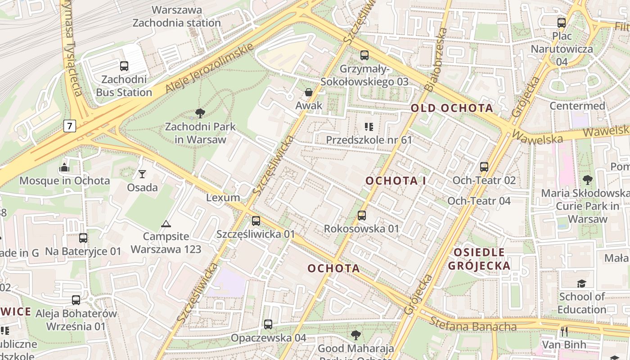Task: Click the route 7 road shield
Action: coord(69,126)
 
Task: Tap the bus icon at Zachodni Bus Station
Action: coord(124,66)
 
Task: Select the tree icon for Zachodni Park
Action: coord(200,113)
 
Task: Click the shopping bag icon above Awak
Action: coord(309,92)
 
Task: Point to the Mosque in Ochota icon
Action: coord(64,167)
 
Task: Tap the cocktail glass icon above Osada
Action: coord(142,174)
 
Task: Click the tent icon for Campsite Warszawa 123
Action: coord(166,224)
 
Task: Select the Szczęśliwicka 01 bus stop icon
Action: coord(256,220)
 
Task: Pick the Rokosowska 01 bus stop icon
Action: coord(362,215)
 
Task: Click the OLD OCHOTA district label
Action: coord(452,108)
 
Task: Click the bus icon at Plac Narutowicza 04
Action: coord(562,22)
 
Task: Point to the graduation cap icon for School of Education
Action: coord(582,283)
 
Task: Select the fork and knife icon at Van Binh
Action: coord(564,332)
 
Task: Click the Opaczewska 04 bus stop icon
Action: coord(268,324)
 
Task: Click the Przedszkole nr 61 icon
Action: coord(369,127)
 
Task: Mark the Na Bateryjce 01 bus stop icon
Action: coord(83,238)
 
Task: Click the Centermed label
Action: coord(577,106)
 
